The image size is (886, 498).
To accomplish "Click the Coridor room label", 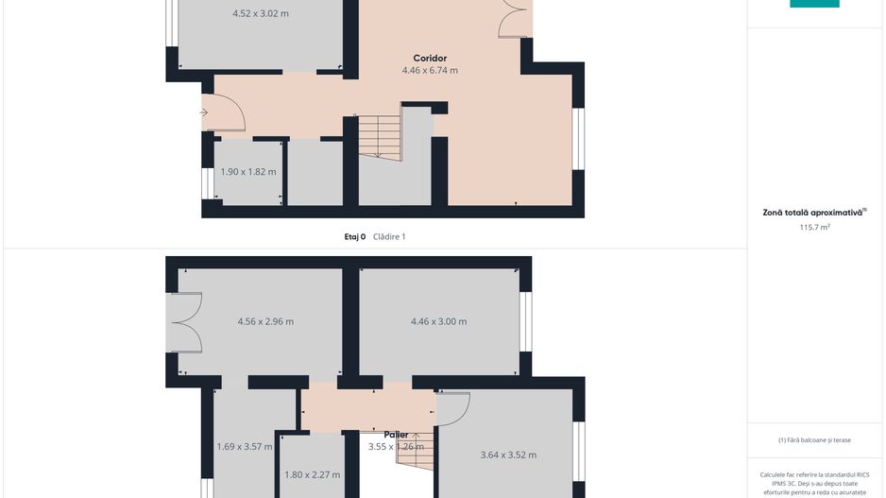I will point(430,59).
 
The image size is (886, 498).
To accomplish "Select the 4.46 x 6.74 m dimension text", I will point(430,71).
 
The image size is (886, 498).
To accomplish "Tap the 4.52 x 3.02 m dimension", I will point(261,14).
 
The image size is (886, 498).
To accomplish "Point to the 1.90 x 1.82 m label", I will point(248,172).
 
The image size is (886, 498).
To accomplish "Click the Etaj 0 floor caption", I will point(354,237).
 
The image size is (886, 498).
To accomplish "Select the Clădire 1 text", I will point(389,237).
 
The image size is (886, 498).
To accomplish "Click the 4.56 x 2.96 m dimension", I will point(265,321).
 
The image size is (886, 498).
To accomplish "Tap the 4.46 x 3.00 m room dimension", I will point(438,321).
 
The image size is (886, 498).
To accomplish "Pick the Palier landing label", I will point(396,435).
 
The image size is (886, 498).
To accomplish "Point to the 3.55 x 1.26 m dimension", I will point(396,447).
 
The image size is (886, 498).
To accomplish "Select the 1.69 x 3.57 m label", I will point(244,447).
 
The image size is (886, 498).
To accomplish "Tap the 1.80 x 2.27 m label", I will point(312,474).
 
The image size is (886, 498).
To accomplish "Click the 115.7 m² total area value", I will point(814,227).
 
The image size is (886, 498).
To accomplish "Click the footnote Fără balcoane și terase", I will point(814,440).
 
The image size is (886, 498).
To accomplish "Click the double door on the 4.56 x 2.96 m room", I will point(185,321).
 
